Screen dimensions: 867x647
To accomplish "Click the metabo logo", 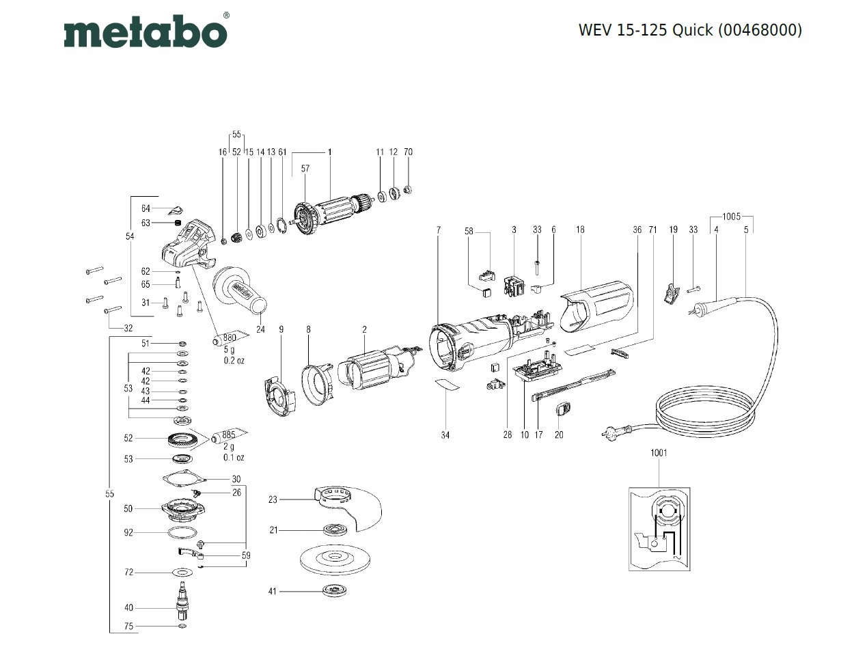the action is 146,31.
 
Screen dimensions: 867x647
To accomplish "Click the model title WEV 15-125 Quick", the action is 646,30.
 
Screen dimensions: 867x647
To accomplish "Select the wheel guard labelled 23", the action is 348,509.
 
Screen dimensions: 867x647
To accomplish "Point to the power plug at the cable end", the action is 616,433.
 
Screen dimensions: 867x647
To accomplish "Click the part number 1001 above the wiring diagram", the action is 659,453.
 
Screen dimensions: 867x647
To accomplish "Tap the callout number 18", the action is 580,230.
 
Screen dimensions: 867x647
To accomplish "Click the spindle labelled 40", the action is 182,605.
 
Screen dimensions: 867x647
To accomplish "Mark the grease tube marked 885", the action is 229,435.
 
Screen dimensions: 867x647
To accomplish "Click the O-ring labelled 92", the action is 182,532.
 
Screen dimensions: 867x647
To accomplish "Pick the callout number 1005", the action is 731,217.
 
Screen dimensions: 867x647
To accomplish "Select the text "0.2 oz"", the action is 234,360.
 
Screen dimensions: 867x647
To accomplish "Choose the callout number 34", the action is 445,435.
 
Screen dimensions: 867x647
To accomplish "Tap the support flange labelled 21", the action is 335,530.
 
